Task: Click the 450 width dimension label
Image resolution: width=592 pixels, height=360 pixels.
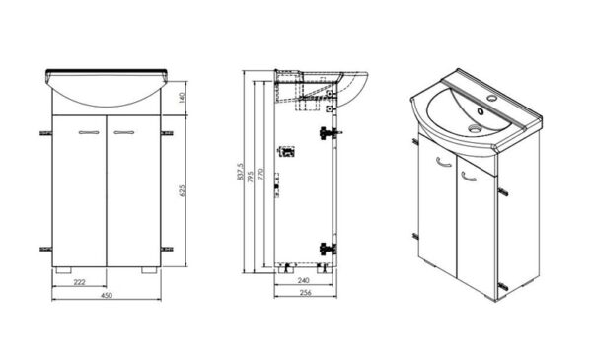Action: (107, 295)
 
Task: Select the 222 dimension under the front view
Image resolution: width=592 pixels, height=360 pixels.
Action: (79, 282)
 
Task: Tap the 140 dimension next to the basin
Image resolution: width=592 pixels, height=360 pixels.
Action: (182, 98)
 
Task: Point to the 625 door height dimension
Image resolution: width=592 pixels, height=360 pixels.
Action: (182, 191)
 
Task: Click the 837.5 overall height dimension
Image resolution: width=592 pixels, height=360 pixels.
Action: (240, 172)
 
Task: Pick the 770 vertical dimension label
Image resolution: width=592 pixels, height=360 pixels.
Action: (259, 174)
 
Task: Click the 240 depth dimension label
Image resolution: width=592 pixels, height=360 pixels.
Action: (304, 280)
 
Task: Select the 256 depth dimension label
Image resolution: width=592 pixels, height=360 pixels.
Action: (305, 293)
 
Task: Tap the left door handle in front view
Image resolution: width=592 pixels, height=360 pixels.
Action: (89, 132)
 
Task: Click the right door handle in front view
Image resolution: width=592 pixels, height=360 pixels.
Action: (124, 132)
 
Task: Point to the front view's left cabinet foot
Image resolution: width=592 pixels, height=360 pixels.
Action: (63, 270)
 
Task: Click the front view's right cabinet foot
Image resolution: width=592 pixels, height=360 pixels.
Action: (149, 270)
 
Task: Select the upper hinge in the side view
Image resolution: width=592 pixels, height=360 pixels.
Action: (329, 133)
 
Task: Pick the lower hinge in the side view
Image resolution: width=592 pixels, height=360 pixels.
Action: (328, 249)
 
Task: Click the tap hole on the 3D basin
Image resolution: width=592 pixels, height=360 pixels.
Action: (491, 99)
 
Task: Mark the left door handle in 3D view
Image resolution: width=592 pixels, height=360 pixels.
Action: (444, 162)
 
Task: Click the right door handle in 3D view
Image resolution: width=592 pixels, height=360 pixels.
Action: (469, 177)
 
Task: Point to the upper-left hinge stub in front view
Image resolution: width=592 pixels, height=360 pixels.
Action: (45, 133)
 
